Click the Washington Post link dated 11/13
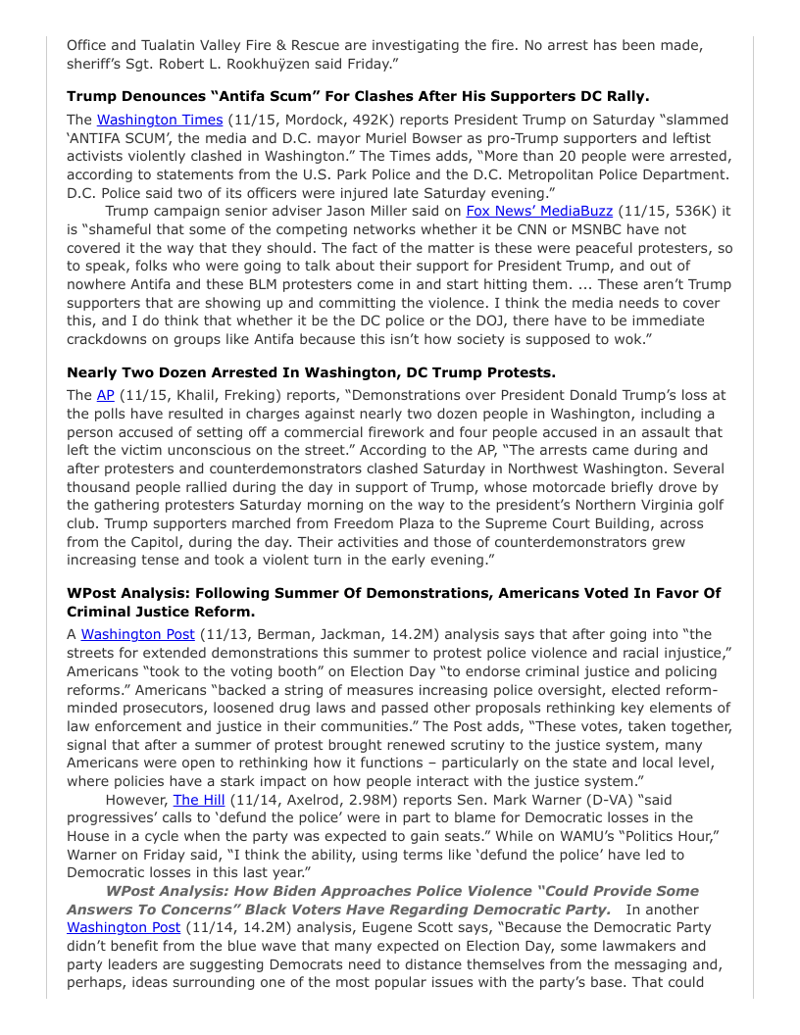point(137,634)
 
